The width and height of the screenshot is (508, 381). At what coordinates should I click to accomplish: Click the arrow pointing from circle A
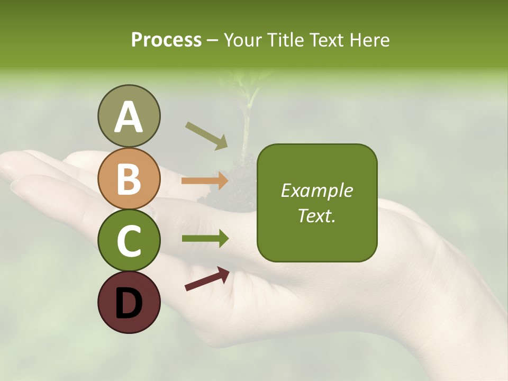click(x=206, y=135)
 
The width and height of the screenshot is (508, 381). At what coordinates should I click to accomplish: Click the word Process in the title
click(x=166, y=40)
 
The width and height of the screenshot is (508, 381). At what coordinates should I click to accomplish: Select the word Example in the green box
click(x=317, y=190)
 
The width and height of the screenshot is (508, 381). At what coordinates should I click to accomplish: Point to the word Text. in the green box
click(x=317, y=215)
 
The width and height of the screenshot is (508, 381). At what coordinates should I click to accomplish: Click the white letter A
click(x=129, y=117)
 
